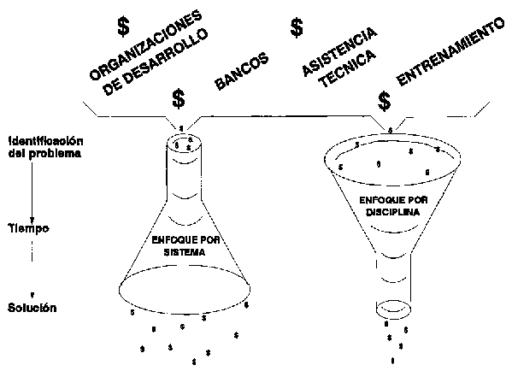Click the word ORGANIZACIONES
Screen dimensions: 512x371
click(x=145, y=45)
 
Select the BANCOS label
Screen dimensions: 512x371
click(x=242, y=71)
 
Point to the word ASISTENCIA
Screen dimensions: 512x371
click(x=339, y=51)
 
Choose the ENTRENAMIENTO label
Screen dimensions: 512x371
click(x=450, y=51)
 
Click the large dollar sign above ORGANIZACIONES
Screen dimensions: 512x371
click(x=123, y=26)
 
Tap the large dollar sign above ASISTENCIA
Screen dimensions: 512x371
click(x=297, y=27)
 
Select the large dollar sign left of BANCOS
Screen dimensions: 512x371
click(x=179, y=98)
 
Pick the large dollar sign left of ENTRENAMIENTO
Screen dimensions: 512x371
click(x=385, y=101)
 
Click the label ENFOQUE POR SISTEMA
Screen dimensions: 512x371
click(x=185, y=246)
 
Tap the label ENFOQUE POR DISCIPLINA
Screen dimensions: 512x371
click(x=393, y=206)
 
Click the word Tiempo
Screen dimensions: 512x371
click(x=28, y=228)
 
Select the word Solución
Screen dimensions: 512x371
click(x=32, y=308)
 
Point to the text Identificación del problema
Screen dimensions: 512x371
click(x=45, y=147)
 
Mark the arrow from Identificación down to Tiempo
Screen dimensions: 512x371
click(x=32, y=191)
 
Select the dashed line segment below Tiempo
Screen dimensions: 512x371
click(x=32, y=251)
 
